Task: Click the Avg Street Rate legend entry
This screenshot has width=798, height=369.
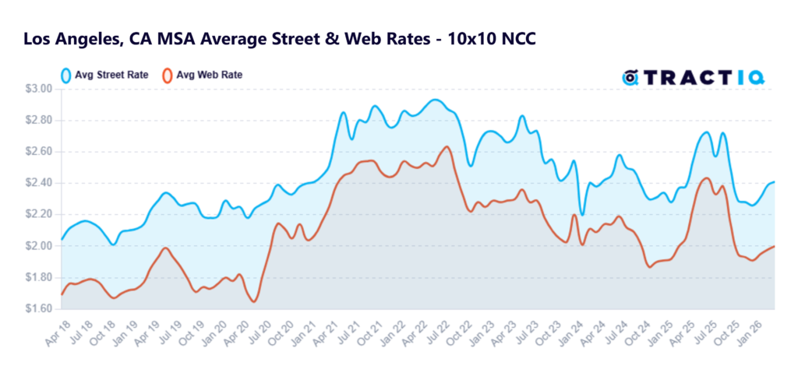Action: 108,76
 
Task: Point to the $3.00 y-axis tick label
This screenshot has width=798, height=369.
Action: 38,89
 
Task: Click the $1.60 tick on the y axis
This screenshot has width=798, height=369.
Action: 38,309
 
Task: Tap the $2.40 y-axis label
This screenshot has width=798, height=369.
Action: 38,183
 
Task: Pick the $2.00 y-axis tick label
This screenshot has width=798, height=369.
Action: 38,246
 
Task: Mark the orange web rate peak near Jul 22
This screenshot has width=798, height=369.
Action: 447,146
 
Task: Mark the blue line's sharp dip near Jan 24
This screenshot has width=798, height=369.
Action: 581,215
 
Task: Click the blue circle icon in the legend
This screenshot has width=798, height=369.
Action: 67,76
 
